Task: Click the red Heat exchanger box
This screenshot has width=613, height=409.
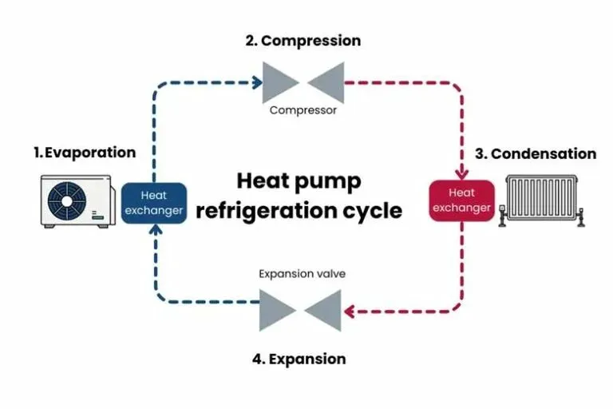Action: click(x=461, y=201)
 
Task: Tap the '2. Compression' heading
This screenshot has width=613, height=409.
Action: click(x=303, y=41)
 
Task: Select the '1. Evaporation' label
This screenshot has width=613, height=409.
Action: click(x=85, y=152)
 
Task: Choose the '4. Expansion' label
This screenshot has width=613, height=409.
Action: click(x=299, y=359)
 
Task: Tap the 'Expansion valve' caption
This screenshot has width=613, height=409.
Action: click(x=302, y=274)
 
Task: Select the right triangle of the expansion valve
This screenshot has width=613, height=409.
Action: click(x=324, y=310)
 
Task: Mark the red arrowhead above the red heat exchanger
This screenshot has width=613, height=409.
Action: click(x=461, y=172)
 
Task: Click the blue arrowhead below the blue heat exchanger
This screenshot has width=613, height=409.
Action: click(x=155, y=231)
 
